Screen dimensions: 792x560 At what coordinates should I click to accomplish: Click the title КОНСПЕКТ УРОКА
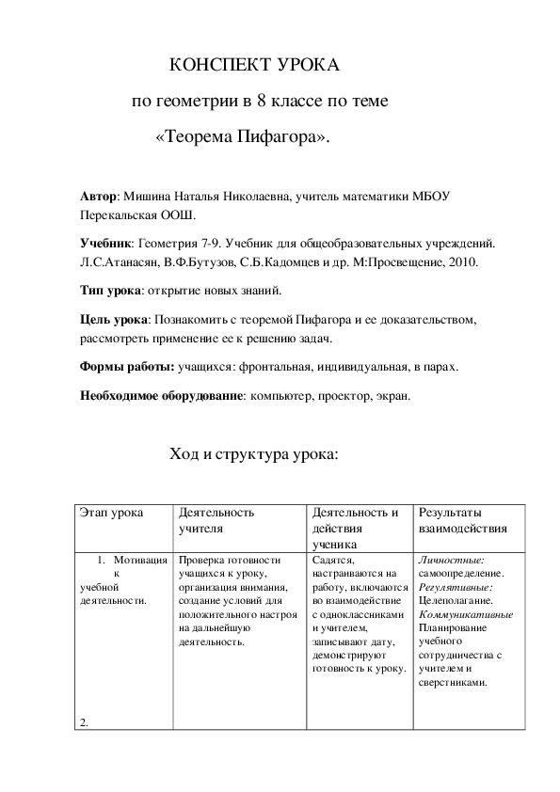tap(251, 66)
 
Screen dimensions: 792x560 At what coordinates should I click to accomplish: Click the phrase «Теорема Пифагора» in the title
tap(243, 136)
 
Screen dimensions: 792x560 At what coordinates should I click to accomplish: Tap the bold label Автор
tap(100, 198)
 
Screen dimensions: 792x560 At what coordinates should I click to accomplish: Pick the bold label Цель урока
tap(115, 321)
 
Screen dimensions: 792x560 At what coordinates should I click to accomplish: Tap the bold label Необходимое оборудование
tap(161, 397)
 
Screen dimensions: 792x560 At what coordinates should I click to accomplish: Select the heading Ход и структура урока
tap(252, 455)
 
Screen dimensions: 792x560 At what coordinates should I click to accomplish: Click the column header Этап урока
tap(112, 514)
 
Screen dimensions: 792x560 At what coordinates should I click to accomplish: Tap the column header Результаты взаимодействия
tap(463, 521)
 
